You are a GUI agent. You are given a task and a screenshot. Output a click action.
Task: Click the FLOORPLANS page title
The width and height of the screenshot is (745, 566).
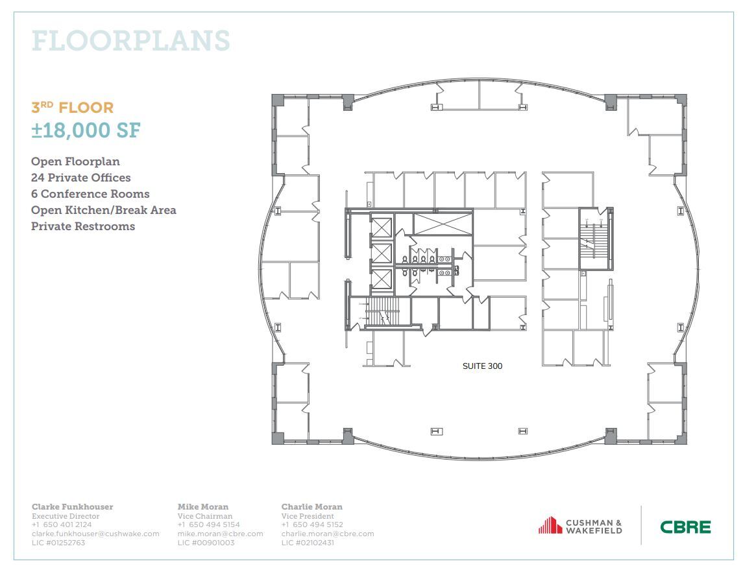[130, 41]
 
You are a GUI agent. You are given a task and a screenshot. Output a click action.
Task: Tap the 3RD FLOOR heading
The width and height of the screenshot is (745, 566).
[73, 108]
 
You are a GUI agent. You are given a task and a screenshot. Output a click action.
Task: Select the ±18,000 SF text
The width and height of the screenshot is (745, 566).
[86, 130]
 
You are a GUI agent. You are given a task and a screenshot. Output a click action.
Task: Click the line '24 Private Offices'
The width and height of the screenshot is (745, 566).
[80, 178]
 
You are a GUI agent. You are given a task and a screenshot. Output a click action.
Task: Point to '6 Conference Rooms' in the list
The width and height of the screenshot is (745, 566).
[90, 194]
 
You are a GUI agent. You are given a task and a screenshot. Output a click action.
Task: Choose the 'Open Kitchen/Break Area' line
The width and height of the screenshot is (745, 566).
[104, 210]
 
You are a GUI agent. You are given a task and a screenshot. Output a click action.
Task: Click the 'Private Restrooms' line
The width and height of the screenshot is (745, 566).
[83, 226]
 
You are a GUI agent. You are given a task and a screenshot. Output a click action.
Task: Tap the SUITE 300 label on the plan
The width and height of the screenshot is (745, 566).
[482, 366]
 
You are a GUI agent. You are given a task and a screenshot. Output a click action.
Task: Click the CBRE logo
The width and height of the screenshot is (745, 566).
[685, 526]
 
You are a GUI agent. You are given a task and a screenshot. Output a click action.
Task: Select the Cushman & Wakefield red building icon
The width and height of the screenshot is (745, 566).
[550, 525]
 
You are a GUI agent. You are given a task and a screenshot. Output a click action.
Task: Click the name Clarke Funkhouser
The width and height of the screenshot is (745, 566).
[72, 506]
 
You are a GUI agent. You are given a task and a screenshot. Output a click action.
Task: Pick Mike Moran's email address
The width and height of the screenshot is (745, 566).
[220, 534]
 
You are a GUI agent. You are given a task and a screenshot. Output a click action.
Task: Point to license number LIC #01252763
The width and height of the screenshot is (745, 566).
[58, 543]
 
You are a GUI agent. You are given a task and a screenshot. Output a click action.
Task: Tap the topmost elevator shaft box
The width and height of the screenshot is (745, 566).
[382, 228]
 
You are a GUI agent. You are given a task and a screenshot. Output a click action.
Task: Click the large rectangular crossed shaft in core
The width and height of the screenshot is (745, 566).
[442, 224]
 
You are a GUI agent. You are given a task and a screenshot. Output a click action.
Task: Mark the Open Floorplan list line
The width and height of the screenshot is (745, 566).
[75, 161]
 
